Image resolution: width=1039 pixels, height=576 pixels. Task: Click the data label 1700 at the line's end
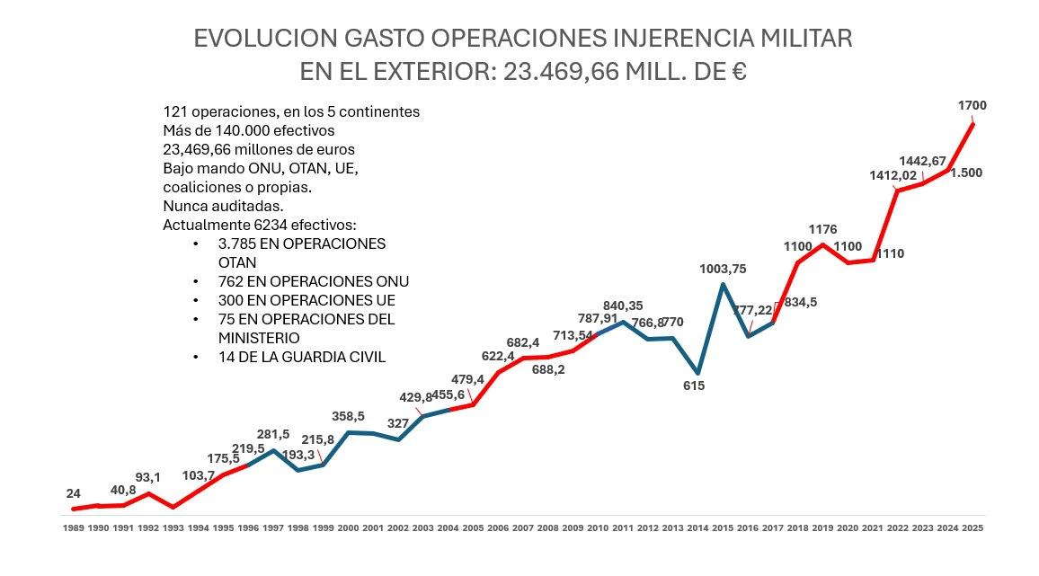point(972,106)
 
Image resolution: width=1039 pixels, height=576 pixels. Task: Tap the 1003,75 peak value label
point(724,269)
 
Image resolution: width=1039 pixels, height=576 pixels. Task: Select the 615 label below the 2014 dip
point(693,385)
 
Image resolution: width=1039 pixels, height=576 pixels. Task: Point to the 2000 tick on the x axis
point(348,528)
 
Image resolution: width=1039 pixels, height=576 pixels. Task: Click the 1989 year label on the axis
point(74,528)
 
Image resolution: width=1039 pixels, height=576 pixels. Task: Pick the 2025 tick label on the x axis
point(972,528)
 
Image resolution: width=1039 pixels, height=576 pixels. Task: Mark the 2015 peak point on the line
point(723,285)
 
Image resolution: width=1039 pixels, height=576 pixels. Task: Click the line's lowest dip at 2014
point(697,372)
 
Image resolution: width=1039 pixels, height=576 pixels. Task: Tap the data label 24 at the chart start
point(74,493)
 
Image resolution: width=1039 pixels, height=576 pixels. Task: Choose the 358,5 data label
point(348,416)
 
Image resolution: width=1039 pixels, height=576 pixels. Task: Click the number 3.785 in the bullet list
point(237,244)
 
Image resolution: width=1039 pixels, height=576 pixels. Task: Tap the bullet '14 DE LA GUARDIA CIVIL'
point(302,357)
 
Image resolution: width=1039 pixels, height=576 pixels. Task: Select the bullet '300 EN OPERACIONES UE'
point(306,300)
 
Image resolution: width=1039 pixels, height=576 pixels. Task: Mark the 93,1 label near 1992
point(148,477)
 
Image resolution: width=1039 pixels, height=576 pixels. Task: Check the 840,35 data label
point(623,306)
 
